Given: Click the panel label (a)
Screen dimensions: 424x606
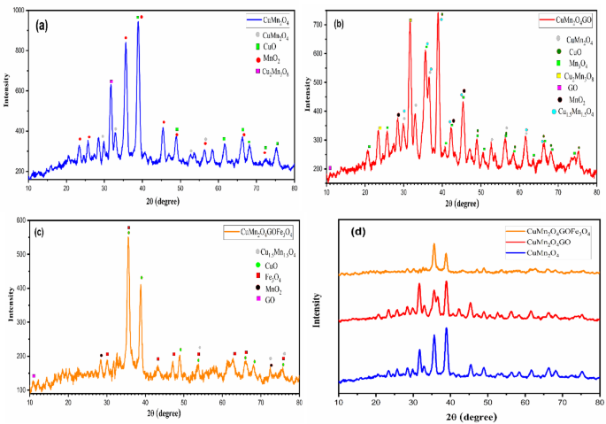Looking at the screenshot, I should [x=42, y=25].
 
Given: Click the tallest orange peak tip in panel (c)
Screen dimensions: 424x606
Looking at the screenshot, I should [x=128, y=236].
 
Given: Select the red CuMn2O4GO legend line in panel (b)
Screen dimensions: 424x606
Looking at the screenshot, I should [x=545, y=17].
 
